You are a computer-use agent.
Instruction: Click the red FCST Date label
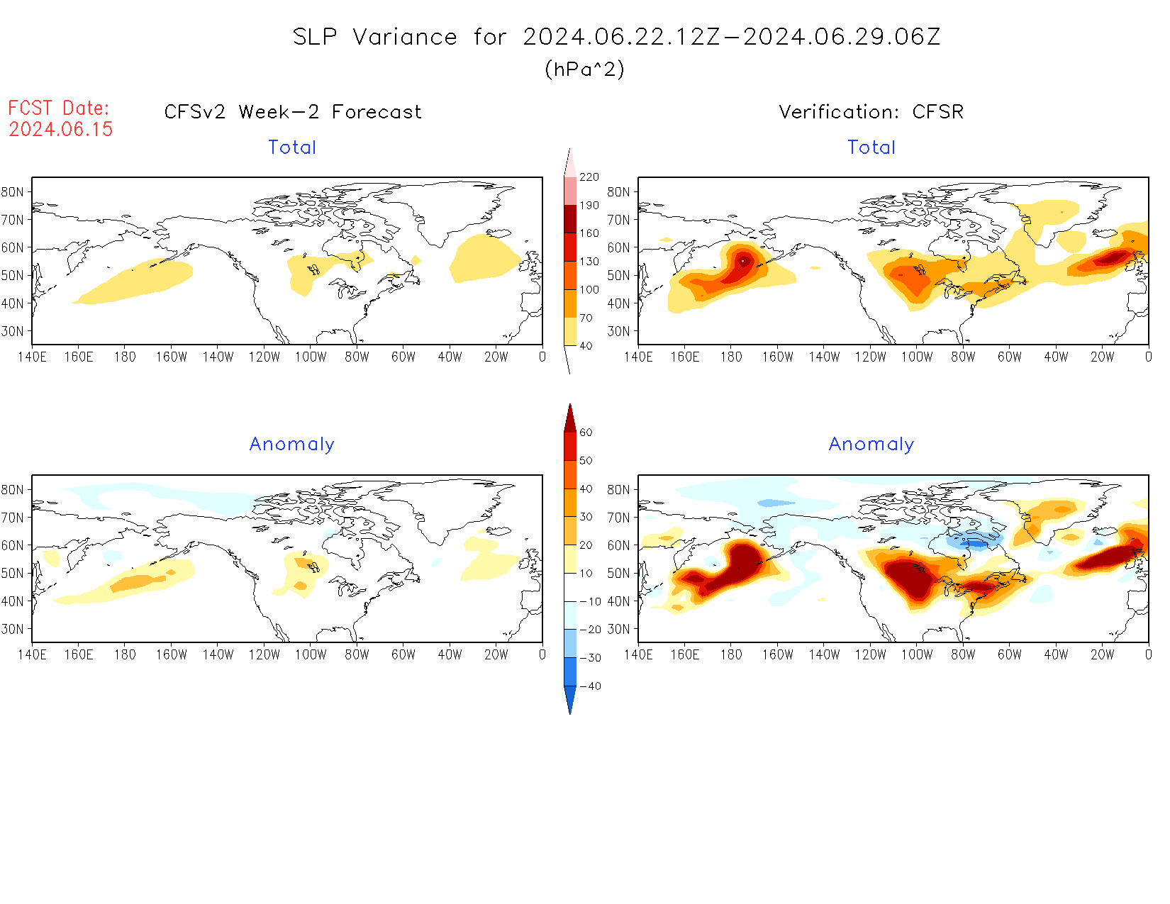click(58, 108)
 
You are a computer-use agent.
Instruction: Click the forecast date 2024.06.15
click(61, 129)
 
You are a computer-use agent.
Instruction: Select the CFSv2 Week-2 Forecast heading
click(293, 112)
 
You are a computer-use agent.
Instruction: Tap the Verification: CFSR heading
click(871, 112)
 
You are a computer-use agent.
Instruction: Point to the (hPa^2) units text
click(584, 69)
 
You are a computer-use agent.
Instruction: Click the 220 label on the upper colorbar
click(589, 177)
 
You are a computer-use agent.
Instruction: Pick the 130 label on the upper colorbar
click(589, 262)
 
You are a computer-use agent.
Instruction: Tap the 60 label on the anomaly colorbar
click(586, 433)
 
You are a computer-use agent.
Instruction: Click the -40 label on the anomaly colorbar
click(590, 686)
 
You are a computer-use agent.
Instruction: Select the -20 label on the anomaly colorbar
click(590, 630)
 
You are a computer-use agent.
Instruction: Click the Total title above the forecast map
click(292, 147)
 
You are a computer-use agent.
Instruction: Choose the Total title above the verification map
click(871, 147)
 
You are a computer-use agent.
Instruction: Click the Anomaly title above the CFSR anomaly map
click(871, 445)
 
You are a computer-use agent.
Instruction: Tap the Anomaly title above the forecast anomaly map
click(292, 445)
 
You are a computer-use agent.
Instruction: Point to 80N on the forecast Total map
click(13, 191)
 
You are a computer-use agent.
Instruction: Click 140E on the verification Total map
click(638, 357)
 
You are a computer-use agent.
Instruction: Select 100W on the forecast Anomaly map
click(311, 654)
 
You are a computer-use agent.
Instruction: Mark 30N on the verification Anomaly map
click(618, 629)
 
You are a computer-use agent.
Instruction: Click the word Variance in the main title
click(405, 37)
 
